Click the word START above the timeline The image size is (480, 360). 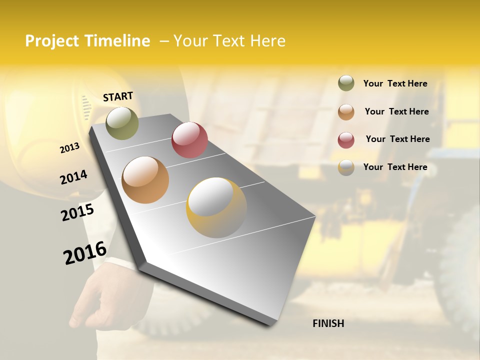tap(118, 96)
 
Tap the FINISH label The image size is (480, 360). tap(328, 323)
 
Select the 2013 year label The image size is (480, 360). tap(70, 148)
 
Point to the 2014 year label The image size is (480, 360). tap(73, 177)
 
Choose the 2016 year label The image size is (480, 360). tap(85, 252)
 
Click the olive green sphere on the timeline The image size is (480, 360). tap(122, 123)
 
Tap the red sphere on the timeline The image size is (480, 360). tap(189, 140)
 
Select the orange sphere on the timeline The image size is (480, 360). tap(145, 180)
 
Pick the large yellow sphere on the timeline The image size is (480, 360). tap(216, 207)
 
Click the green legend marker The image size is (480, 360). tap(346, 83)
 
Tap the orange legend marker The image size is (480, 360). tap(346, 112)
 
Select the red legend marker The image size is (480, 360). tap(346, 139)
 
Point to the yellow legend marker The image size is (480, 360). tap(346, 167)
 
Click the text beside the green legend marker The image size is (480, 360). tap(395, 83)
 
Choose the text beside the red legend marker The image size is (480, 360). tap(397, 139)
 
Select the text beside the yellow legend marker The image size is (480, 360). tap(395, 167)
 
